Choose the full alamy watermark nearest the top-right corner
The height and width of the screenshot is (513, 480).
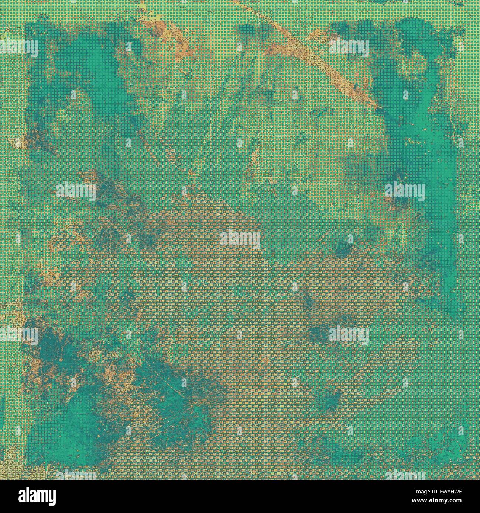tap(349, 48)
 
